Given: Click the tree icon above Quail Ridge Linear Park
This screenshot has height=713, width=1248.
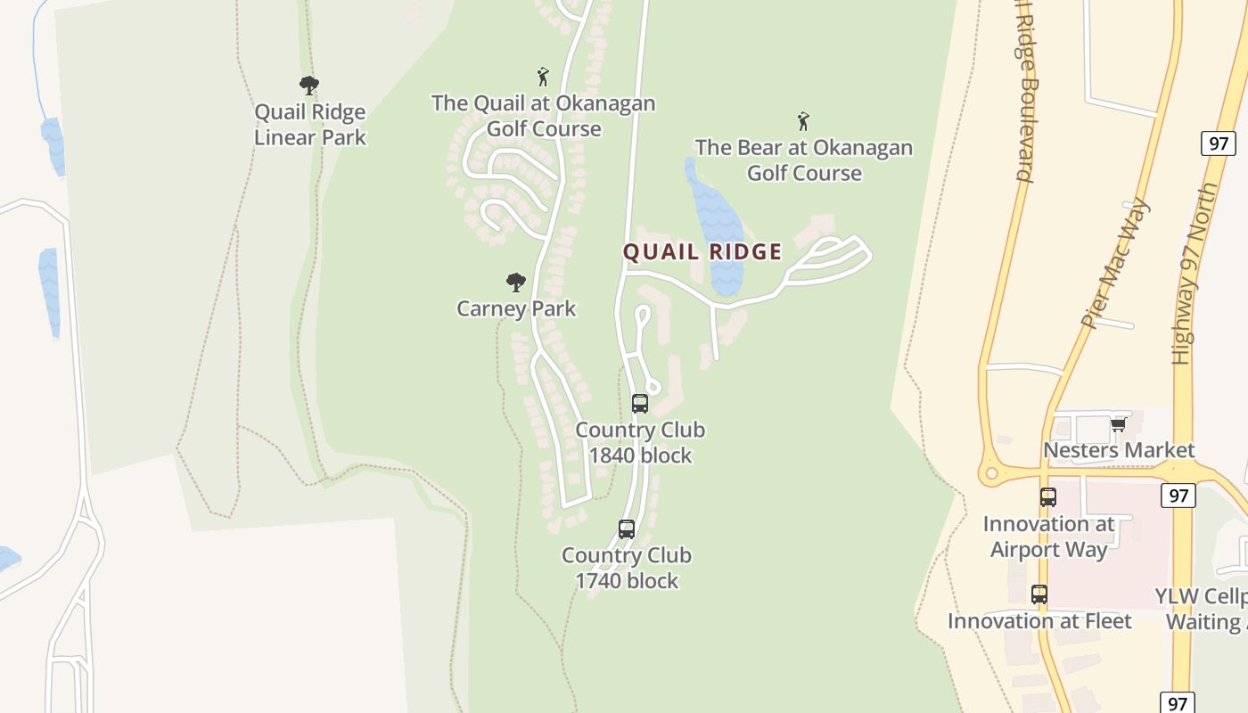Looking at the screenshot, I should [x=309, y=86].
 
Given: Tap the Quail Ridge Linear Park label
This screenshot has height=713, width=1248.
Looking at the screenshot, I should [x=309, y=125].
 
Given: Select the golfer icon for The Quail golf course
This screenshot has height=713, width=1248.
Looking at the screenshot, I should [x=543, y=77].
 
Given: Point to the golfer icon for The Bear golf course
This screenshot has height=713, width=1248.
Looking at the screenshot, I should [x=803, y=121].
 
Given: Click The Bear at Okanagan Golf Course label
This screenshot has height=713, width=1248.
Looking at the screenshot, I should [x=803, y=160].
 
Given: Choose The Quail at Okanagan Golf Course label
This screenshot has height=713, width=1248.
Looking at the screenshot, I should [x=543, y=116].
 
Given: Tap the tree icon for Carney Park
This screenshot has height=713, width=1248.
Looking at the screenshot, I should [x=516, y=283].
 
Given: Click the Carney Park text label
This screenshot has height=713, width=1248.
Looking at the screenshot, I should [x=516, y=309].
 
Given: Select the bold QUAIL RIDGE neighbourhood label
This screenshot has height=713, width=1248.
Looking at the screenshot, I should [x=702, y=252].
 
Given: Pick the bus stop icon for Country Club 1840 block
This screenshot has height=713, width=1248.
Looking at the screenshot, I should [x=640, y=403].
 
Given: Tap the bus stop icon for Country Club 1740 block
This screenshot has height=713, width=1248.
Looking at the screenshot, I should [x=627, y=529].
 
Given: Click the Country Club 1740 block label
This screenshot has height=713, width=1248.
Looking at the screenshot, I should [x=627, y=568].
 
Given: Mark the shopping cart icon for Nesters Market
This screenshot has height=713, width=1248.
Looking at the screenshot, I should [x=1118, y=424].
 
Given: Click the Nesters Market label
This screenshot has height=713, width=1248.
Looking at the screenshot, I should [x=1119, y=450].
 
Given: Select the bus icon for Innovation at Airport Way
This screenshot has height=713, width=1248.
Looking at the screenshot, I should [x=1048, y=497].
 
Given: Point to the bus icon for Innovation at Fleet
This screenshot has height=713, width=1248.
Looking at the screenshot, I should [x=1039, y=594].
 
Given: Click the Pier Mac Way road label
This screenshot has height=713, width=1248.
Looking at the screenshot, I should [x=1114, y=264].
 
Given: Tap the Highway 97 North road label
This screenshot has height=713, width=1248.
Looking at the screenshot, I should [x=1195, y=274].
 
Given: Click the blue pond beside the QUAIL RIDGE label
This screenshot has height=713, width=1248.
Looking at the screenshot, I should [x=716, y=223].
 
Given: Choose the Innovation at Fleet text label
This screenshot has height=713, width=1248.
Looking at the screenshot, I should [x=1039, y=621].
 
